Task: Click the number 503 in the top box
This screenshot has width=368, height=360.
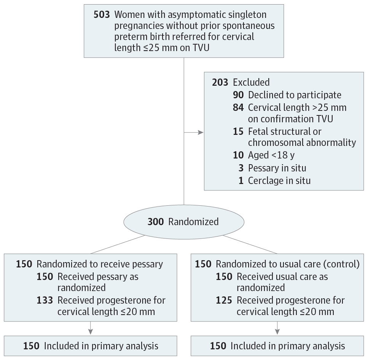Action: (x=102, y=15)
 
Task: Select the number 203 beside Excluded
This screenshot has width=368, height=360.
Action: (x=220, y=82)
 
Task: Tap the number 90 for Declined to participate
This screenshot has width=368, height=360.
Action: (x=238, y=95)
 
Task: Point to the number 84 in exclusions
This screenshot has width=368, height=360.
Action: (x=238, y=107)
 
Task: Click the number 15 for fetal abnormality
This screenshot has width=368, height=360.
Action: (x=238, y=131)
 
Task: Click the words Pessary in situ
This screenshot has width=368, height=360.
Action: (x=277, y=168)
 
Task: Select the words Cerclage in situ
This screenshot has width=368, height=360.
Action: (x=279, y=180)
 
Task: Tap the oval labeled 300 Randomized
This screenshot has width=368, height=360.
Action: (x=184, y=222)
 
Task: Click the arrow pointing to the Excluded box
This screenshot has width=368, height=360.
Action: (x=200, y=133)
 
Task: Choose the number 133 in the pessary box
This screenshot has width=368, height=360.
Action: (x=45, y=300)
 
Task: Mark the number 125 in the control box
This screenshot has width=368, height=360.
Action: (x=224, y=300)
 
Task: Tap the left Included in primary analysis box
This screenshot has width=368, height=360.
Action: (x=91, y=346)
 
